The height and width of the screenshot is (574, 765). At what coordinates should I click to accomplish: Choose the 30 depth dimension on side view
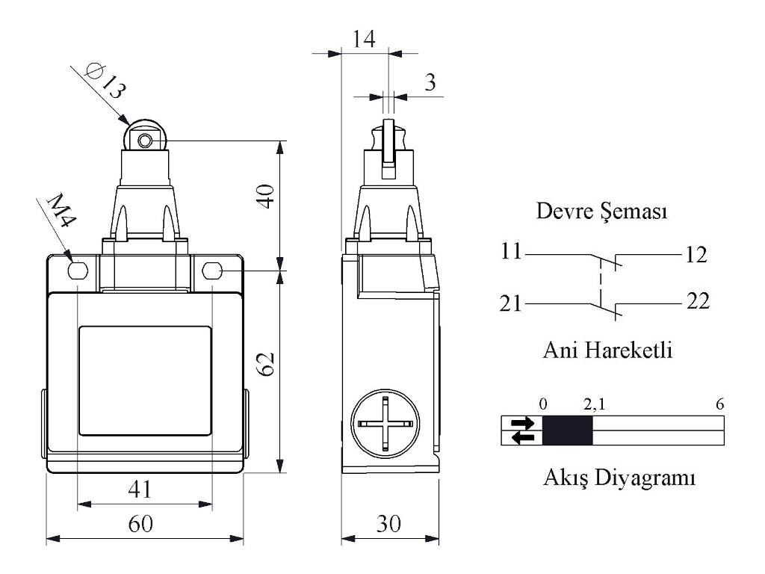tap(387, 525)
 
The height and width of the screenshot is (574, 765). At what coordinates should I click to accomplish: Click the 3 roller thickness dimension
tap(430, 82)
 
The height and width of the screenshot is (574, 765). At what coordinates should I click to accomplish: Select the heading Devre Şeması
tap(601, 213)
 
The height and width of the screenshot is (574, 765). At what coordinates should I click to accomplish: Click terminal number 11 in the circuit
tap(512, 253)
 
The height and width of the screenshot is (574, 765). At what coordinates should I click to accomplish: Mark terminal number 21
tap(512, 303)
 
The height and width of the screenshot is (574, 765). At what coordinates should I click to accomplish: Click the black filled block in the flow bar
tap(567, 430)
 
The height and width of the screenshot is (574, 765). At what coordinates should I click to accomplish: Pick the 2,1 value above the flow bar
tap(595, 404)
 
